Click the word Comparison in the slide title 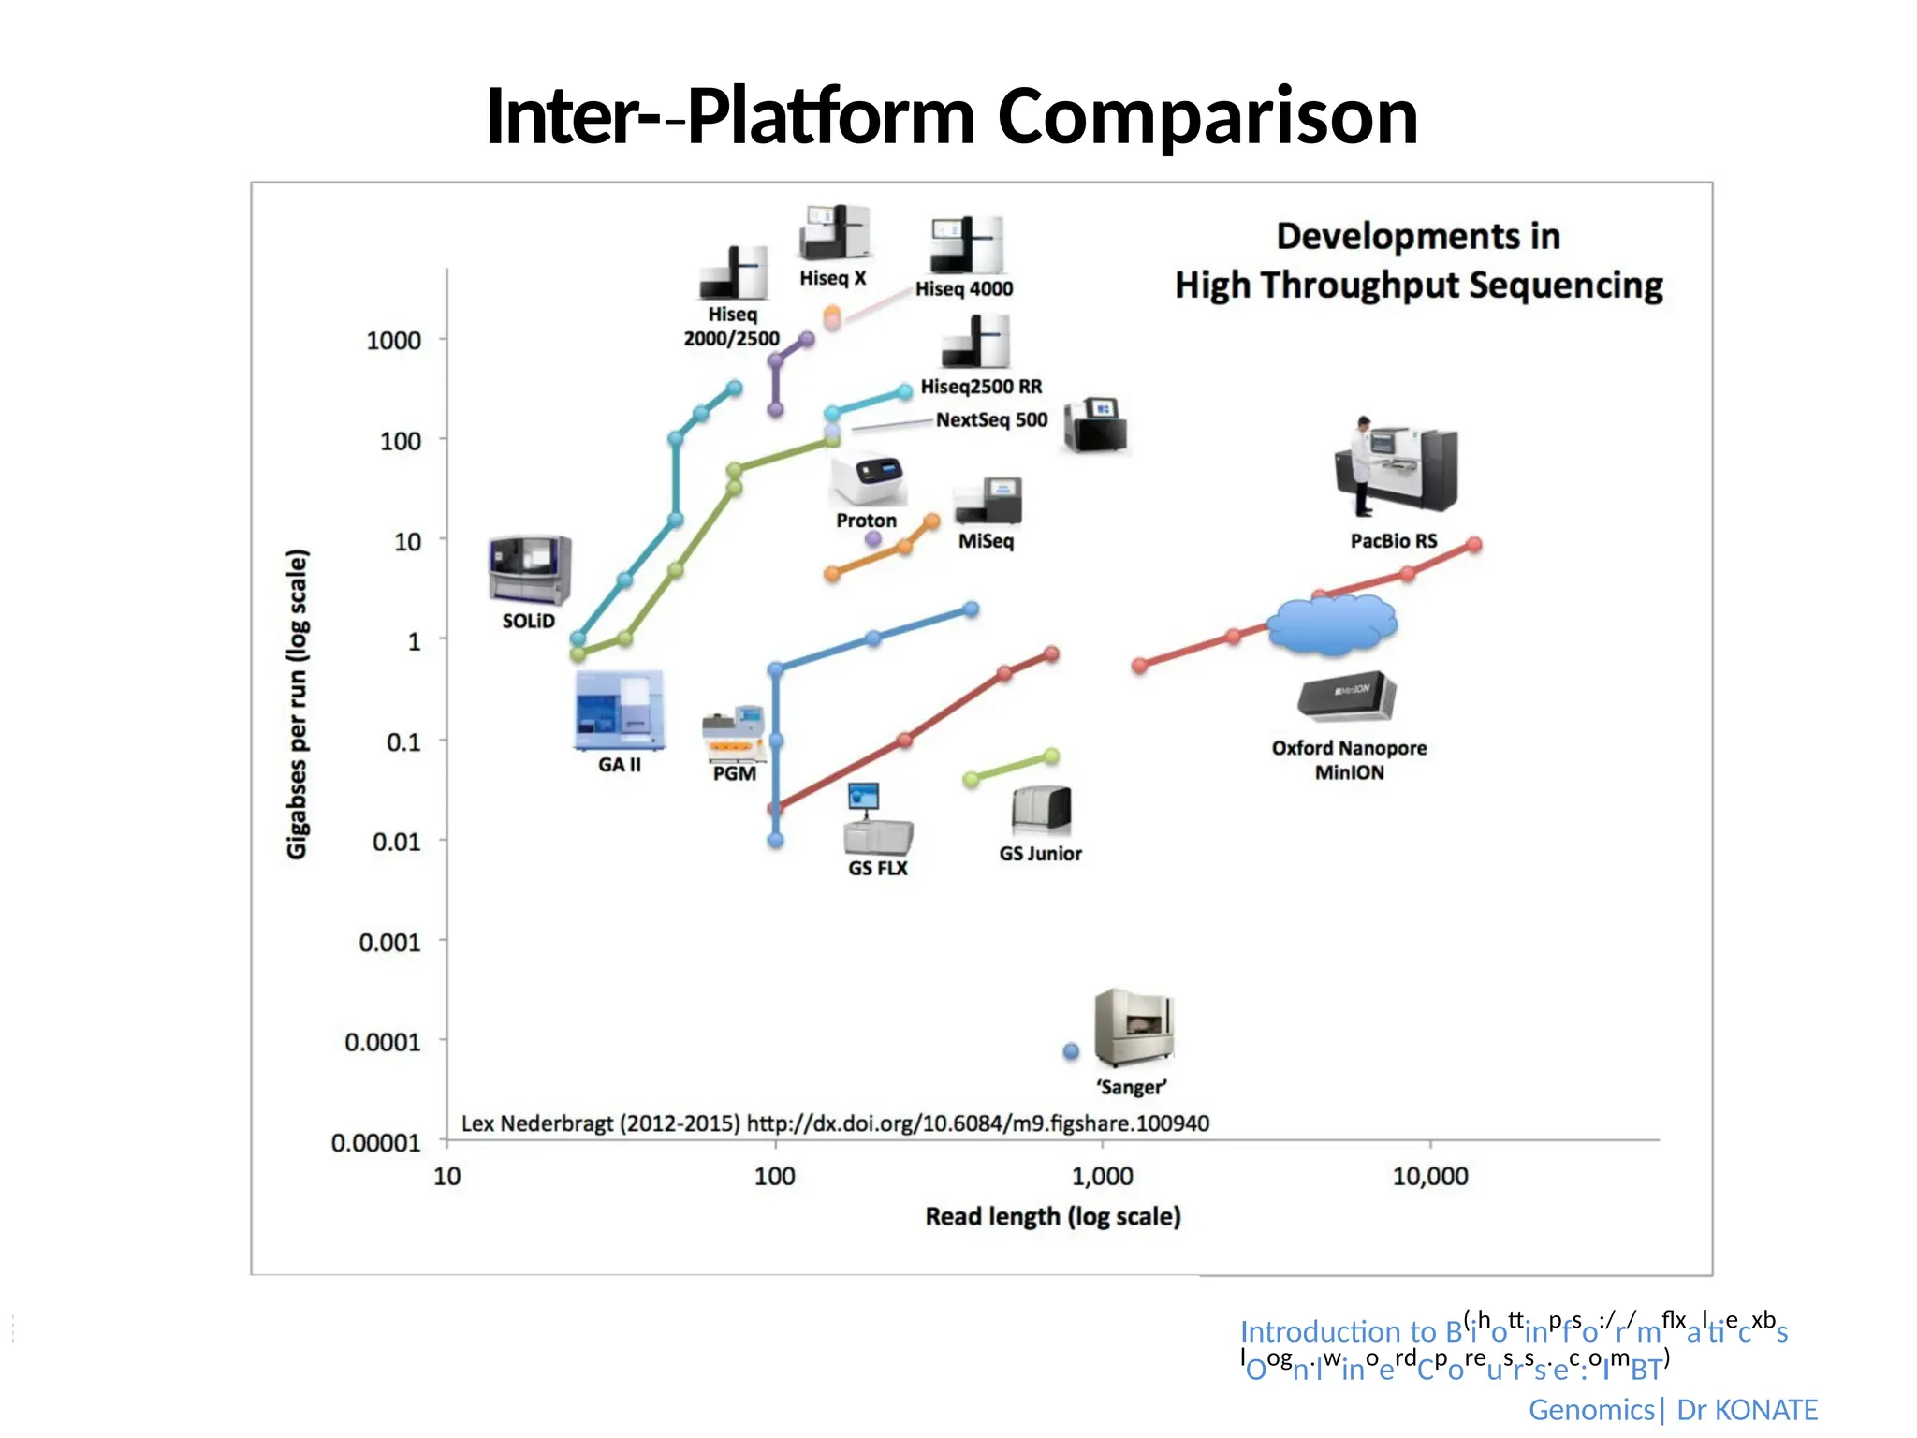[x=1207, y=117]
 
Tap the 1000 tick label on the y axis [x=393, y=340]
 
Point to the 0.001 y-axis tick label [x=389, y=942]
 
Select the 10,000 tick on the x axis [x=1429, y=1176]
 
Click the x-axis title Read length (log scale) [x=1053, y=1216]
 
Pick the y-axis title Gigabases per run [x=297, y=703]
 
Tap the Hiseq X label [x=832, y=278]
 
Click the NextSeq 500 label [x=991, y=419]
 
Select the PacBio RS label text [x=1393, y=540]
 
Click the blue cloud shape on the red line [x=1332, y=624]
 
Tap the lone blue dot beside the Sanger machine [x=1071, y=1051]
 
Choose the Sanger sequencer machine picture [x=1134, y=1028]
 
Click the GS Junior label [x=1040, y=853]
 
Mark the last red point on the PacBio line [x=1474, y=545]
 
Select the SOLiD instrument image [x=529, y=570]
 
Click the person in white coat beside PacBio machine [x=1362, y=466]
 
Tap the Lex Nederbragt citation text [x=835, y=1123]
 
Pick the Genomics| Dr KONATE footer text [x=1672, y=1409]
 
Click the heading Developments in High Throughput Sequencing [x=1418, y=260]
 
